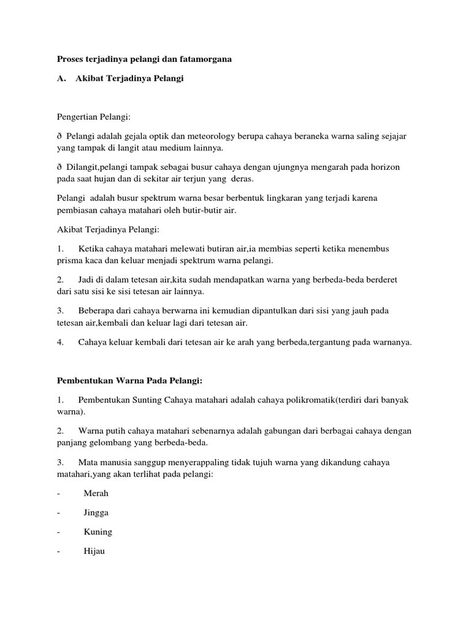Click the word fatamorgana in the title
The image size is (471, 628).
(205, 59)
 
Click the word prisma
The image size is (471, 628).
(67, 261)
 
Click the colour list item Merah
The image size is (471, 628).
(96, 493)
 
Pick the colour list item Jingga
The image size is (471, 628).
(96, 513)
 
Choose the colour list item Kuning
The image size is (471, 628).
(98, 532)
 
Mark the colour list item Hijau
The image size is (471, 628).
(94, 551)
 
